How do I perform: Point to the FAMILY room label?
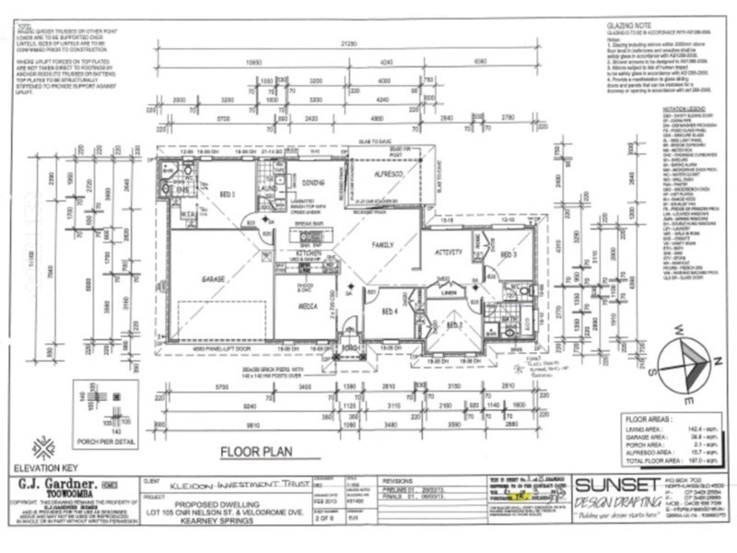pyautogui.click(x=384, y=246)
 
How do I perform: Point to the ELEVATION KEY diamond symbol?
pyautogui.click(x=43, y=448)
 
